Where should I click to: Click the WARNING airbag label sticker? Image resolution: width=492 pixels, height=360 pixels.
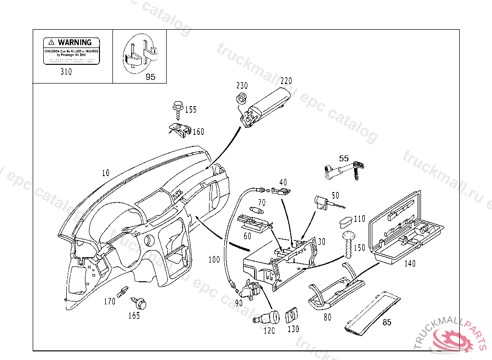click(x=71, y=51)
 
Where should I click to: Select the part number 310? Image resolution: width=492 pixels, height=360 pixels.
click(x=66, y=72)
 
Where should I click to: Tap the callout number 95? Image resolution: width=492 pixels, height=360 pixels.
click(x=150, y=77)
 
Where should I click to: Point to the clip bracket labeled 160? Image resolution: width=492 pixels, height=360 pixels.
click(x=180, y=129)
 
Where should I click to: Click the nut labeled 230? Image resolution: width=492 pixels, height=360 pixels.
click(x=242, y=98)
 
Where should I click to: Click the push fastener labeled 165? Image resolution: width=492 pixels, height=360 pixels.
click(x=140, y=304)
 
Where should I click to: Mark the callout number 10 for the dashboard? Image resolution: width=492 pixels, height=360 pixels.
click(x=106, y=172)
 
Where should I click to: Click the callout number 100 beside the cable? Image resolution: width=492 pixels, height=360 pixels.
click(x=214, y=260)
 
